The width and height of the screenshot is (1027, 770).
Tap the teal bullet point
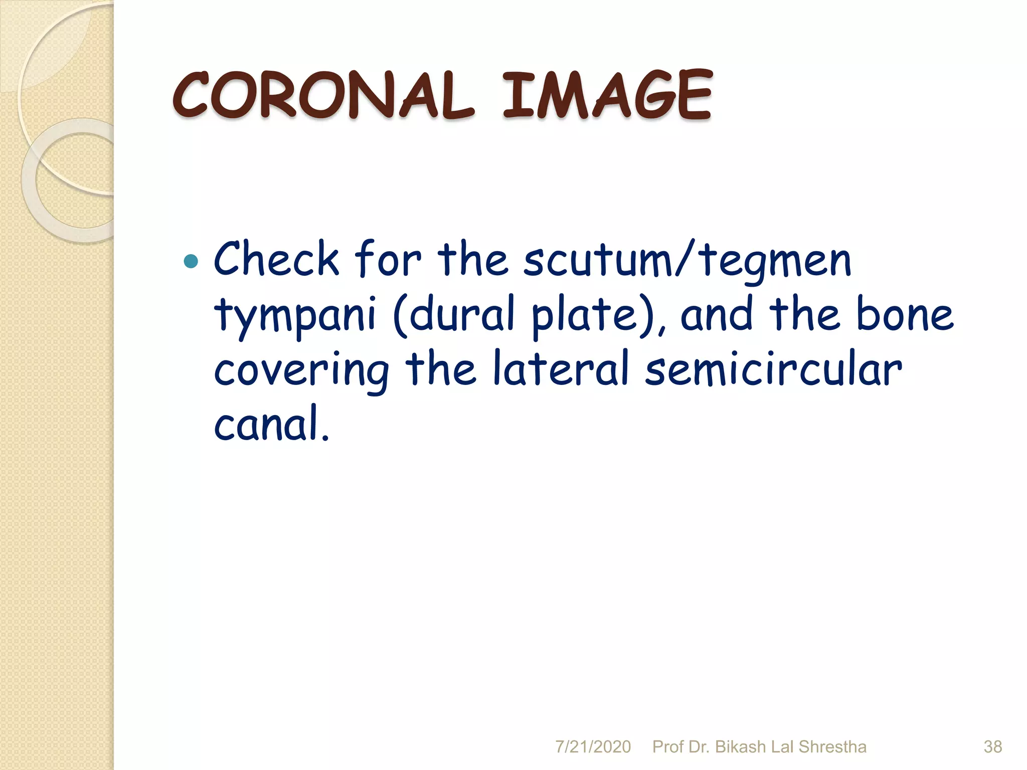point(191,261)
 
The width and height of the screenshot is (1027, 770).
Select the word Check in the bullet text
point(276,259)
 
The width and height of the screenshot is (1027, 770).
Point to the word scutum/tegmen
point(687,261)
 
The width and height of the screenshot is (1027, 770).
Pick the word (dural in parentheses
point(454,314)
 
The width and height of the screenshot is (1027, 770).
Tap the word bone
point(905,314)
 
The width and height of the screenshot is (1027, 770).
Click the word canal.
point(271,424)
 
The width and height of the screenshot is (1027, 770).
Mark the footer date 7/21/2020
point(593,746)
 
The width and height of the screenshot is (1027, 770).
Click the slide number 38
point(992,746)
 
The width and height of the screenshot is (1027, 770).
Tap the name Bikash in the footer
point(740,746)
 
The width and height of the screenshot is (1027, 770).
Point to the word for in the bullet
point(388,259)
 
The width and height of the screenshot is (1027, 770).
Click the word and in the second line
point(717,314)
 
